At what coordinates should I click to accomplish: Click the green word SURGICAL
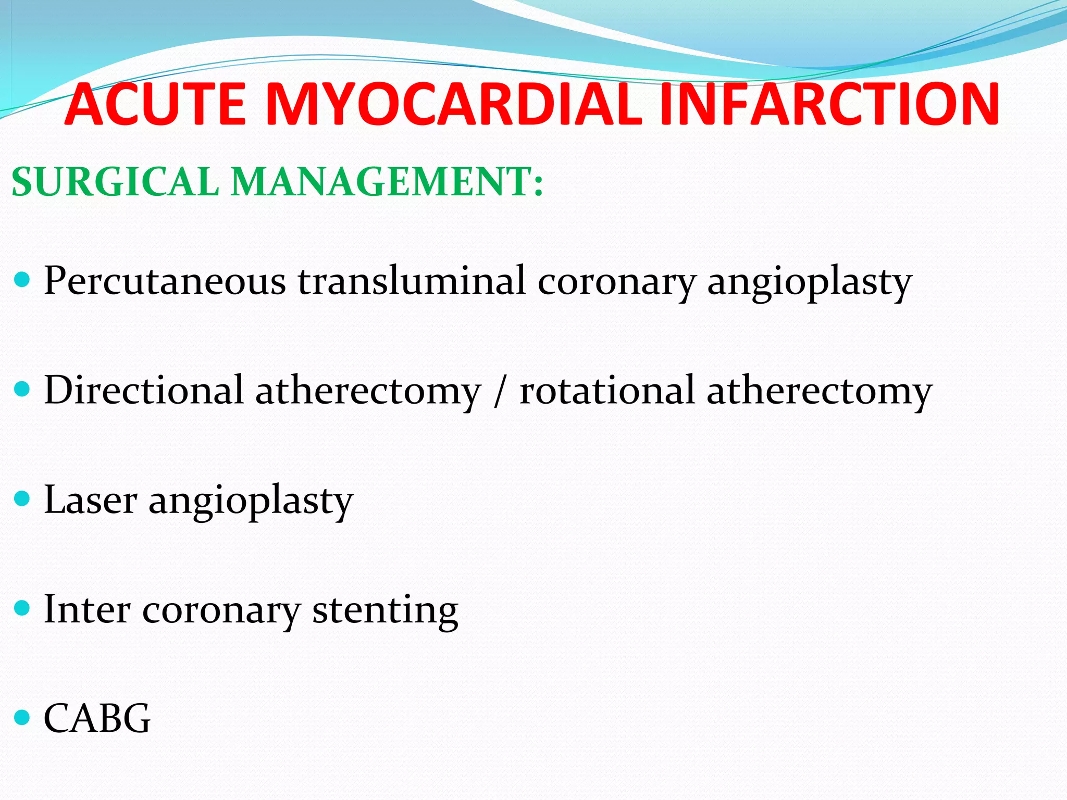coord(115,182)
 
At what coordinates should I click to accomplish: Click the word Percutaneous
coord(165,282)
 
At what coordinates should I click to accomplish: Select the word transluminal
coord(412,281)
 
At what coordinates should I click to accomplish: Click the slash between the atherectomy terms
coord(500,392)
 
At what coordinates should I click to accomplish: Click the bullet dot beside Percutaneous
coord(22,281)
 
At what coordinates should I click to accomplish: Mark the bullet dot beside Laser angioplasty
coord(22,499)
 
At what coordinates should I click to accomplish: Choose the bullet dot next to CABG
coord(22,718)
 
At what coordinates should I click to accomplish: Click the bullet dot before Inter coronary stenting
coord(22,608)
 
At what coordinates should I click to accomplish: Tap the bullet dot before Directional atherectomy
coord(22,390)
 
